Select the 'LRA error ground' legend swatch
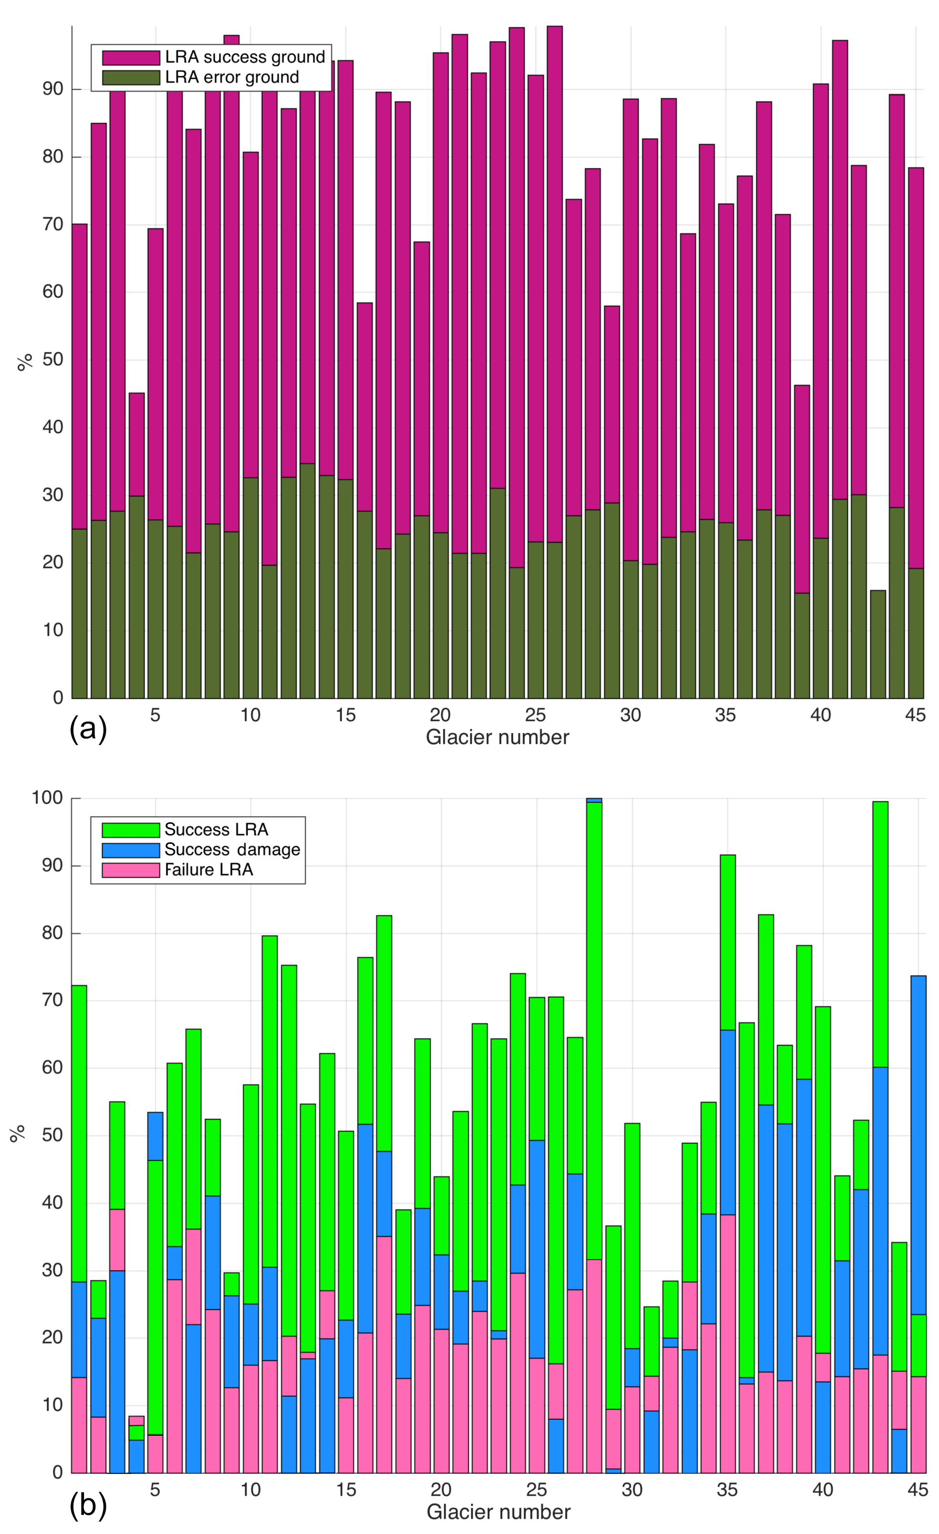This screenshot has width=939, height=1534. (131, 77)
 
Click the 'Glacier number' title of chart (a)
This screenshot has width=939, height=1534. (497, 737)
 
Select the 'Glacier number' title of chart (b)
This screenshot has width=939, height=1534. (498, 1512)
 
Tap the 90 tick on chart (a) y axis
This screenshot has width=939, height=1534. (53, 89)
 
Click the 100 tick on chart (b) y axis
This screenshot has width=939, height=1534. (47, 798)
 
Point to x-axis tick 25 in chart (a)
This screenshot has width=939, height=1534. (535, 715)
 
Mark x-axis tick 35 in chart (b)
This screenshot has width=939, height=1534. (727, 1490)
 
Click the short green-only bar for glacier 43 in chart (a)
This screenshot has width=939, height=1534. (877, 644)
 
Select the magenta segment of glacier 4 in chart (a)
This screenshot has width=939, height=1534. (136, 444)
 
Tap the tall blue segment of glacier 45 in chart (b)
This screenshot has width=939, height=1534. (918, 1146)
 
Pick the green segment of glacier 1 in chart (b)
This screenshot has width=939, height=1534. (79, 1133)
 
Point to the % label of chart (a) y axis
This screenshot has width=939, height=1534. (24, 362)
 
